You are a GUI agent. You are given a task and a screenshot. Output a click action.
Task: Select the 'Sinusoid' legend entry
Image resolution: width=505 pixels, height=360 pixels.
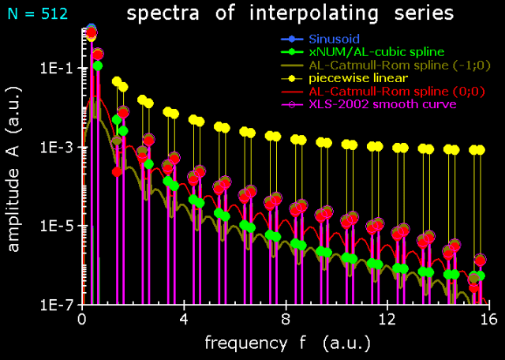click(333, 39)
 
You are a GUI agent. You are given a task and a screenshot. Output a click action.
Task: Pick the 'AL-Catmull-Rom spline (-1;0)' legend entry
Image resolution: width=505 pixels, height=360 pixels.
click(386, 65)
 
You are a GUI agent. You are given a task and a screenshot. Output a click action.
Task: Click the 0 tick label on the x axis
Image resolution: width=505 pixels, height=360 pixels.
click(82, 321)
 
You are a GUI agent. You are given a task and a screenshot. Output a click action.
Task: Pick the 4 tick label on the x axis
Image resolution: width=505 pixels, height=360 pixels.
click(184, 321)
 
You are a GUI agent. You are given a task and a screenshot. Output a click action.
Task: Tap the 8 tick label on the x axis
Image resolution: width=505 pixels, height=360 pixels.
click(286, 321)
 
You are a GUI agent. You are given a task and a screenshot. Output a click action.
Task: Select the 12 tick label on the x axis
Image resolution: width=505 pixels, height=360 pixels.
click(387, 321)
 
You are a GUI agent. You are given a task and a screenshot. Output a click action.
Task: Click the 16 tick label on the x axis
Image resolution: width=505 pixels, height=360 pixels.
click(488, 321)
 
